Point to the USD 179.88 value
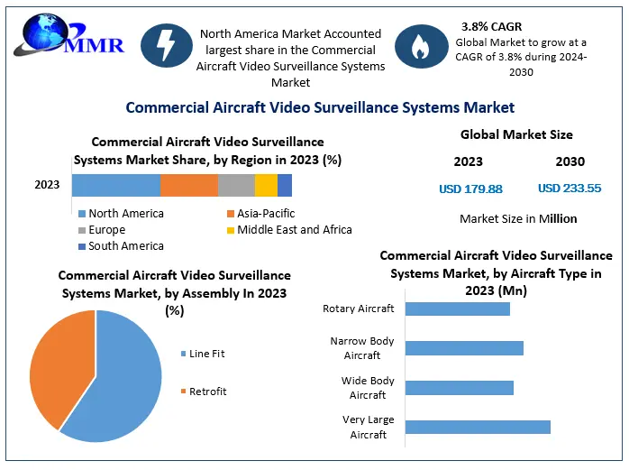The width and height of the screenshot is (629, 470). coord(469,189)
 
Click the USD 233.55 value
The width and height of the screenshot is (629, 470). coord(569,189)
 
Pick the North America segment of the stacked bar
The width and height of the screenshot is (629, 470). coord(116,185)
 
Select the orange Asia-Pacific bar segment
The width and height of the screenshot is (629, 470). coord(189,185)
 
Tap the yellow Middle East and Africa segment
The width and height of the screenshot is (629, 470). coord(266,185)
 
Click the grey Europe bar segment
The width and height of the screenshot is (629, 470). coord(236,185)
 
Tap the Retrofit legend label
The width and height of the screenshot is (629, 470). coord(207,392)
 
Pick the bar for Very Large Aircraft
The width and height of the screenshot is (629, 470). coord(478,427)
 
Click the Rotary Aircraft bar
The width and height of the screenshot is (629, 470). coord(458,309)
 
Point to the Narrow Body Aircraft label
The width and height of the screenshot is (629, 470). coord(362,348)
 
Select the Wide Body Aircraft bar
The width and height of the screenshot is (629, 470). coord(460,388)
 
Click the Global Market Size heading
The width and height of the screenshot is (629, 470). coord(516,134)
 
